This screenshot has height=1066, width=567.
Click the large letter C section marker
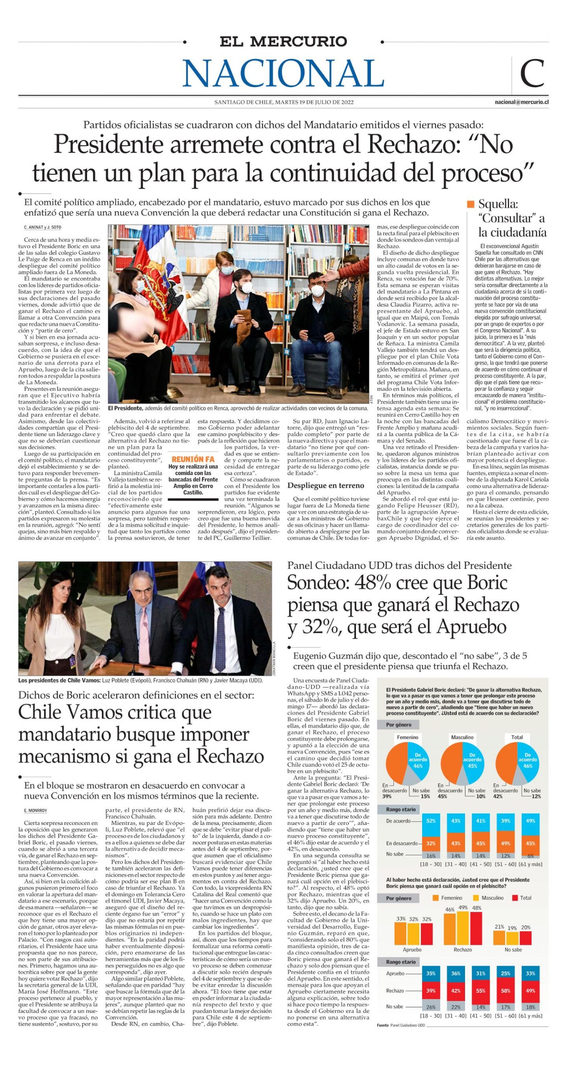pyautogui.click(x=532, y=73)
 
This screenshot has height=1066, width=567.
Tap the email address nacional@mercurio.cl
pyautogui.click(x=521, y=102)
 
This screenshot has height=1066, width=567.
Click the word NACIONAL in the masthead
pyautogui.click(x=283, y=73)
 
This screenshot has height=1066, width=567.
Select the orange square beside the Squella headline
pyautogui.click(x=470, y=204)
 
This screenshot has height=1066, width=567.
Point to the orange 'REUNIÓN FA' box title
pyautogui.click(x=193, y=459)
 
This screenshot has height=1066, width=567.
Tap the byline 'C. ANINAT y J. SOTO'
pyautogui.click(x=42, y=228)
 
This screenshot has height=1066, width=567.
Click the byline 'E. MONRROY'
pyautogui.click(x=35, y=810)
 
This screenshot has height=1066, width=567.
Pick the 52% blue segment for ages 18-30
pyautogui.click(x=430, y=821)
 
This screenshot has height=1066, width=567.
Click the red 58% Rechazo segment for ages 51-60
pyautogui.click(x=505, y=991)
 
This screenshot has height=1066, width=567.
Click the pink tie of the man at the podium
pyautogui.click(x=144, y=635)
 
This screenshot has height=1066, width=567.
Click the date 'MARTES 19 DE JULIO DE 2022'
pyautogui.click(x=314, y=102)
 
